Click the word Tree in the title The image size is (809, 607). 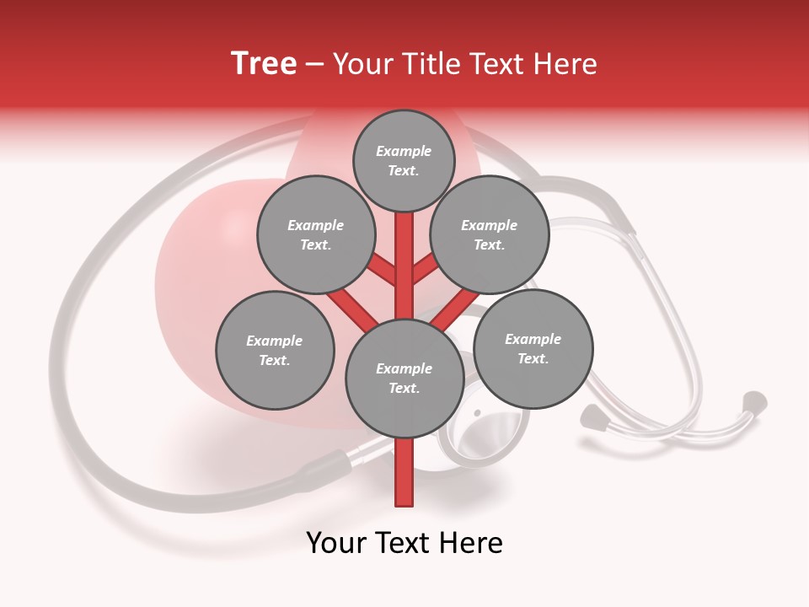tap(264, 63)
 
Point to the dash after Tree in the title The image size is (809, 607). tap(314, 65)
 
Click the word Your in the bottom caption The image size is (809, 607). tap(336, 543)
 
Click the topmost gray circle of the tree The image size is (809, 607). tap(404, 160)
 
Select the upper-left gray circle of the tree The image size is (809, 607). tap(315, 234)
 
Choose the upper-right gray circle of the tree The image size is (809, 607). tap(489, 234)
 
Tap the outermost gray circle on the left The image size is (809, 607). tap(275, 350)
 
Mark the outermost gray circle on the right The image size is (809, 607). tap(533, 348)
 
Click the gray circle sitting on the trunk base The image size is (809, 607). tap(404, 378)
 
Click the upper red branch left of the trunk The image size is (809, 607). tap(382, 270)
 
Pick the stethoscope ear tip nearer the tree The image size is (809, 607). tap(594, 415)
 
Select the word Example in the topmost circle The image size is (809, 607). tap(404, 151)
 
